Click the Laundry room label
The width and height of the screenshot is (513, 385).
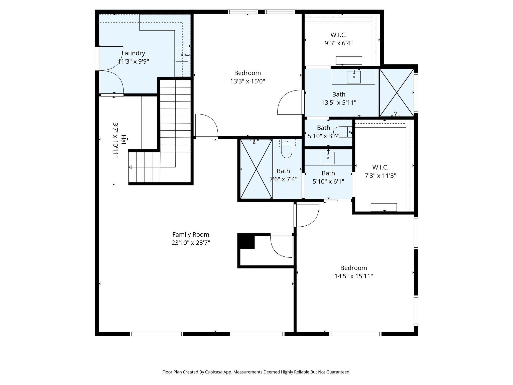[133, 53]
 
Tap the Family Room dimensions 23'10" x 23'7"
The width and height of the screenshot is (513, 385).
[191, 243]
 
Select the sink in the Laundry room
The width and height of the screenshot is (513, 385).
[182, 55]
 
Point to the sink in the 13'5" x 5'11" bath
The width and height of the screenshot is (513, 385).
[354, 77]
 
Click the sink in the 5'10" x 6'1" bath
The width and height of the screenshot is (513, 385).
[328, 158]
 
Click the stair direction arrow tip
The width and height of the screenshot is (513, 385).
[130, 167]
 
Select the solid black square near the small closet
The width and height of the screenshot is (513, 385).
[246, 241]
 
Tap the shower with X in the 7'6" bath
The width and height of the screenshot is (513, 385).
[256, 169]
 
